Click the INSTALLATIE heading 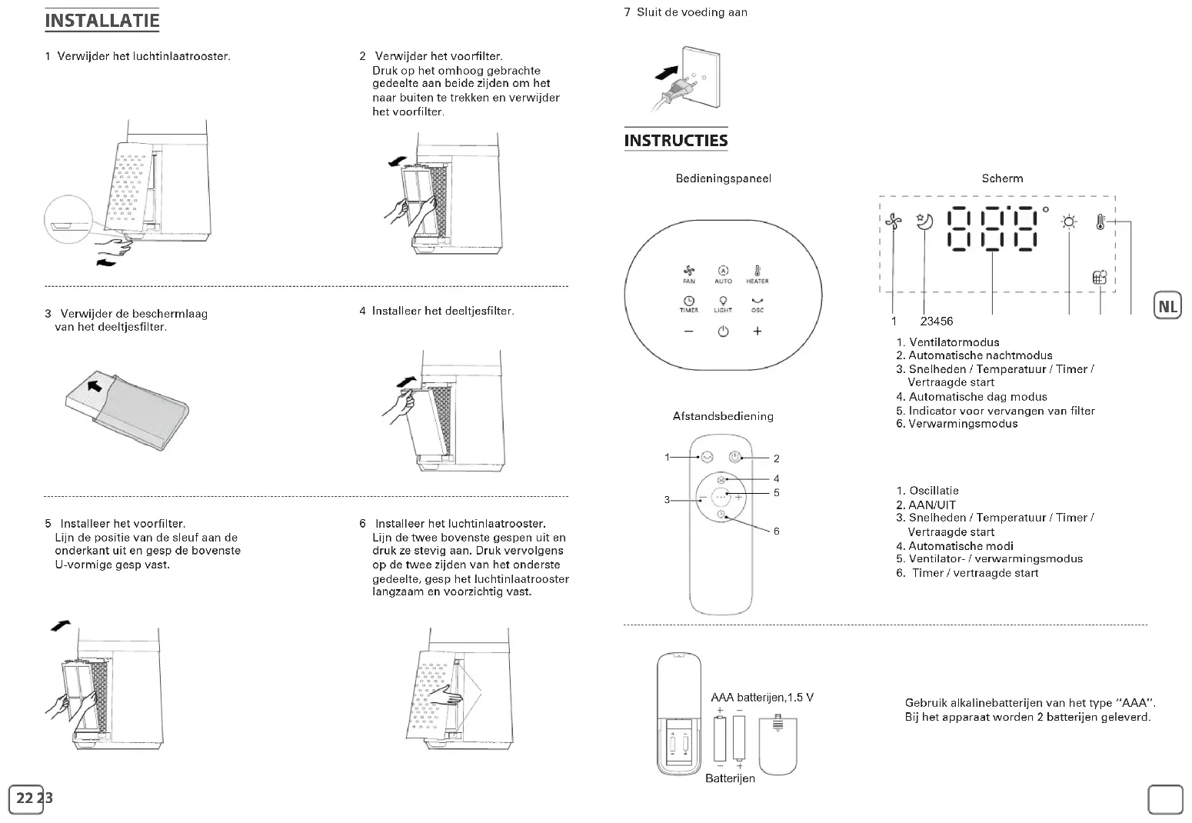(102, 21)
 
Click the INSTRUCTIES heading (675, 141)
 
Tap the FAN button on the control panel (689, 273)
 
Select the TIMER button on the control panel (689, 304)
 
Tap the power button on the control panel (723, 332)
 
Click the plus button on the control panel (757, 332)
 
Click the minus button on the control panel (688, 332)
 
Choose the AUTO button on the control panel (723, 273)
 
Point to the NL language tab (1167, 306)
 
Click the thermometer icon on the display (1100, 222)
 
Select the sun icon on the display (1069, 222)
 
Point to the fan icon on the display (893, 222)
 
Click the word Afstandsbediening (723, 416)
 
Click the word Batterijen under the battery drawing (730, 778)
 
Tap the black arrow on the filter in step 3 (95, 384)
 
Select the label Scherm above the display (1002, 178)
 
